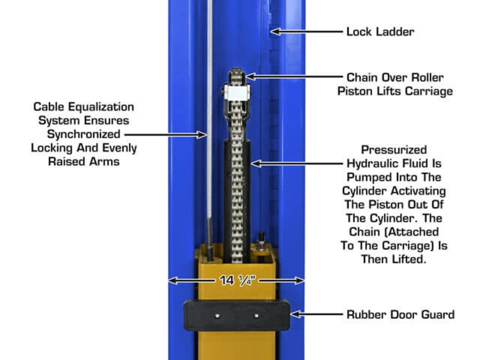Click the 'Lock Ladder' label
pos(380,32)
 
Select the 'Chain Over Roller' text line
pos(395,77)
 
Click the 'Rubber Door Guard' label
pos(400,314)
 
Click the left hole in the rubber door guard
pos(217,316)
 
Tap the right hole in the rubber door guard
pos(256,316)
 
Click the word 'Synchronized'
pos(84,134)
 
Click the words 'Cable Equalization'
pos(84,107)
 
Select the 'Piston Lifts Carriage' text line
pos(395,91)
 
